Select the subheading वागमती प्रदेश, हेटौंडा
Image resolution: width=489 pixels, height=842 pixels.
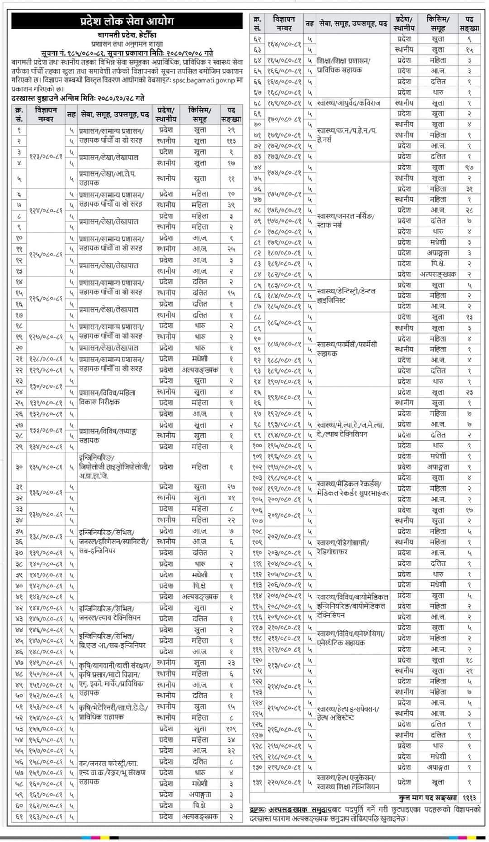pyautogui.click(x=127, y=35)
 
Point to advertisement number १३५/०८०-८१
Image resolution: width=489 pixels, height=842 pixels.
pyautogui.click(x=46, y=467)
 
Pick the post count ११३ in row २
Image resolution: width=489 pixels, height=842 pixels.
pyautogui.click(x=231, y=141)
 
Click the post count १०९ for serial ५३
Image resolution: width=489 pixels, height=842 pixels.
pyautogui.click(x=231, y=729)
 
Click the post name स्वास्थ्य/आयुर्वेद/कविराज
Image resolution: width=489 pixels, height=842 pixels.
pyautogui.click(x=348, y=103)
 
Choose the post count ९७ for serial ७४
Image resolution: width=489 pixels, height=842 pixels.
pyautogui.click(x=469, y=168)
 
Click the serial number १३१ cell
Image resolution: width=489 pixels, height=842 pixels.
pyautogui.click(x=257, y=782)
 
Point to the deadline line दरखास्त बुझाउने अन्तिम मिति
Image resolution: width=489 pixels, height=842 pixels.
pyautogui.click(x=78, y=98)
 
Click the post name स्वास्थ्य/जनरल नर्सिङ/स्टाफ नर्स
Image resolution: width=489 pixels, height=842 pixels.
pyautogui.click(x=346, y=221)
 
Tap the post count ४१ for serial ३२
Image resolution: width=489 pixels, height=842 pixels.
pyautogui.click(x=231, y=498)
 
